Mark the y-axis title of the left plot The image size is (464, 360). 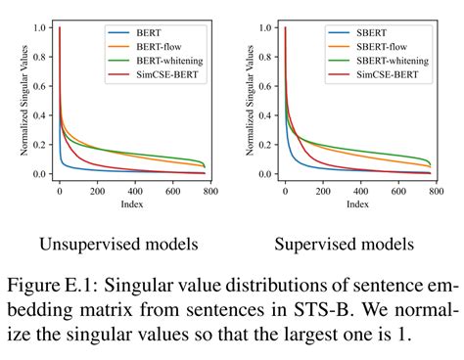(23, 101)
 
